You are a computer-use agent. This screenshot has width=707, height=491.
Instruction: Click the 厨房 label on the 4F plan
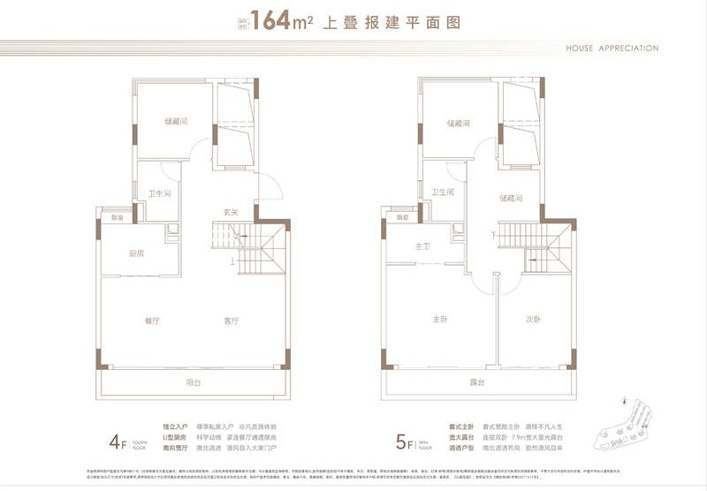136,253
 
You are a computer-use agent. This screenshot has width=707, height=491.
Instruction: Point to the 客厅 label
232,321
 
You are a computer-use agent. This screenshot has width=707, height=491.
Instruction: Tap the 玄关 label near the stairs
231,212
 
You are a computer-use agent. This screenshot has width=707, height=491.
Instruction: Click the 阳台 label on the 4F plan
194,382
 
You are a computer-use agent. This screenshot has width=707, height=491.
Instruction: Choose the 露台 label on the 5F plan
478,382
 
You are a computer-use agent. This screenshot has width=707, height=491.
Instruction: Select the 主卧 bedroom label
439,319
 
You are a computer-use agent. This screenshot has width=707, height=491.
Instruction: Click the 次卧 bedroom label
531,319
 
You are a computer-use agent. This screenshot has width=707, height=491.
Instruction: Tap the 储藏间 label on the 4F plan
175,122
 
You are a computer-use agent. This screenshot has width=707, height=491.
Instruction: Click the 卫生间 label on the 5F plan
443,192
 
